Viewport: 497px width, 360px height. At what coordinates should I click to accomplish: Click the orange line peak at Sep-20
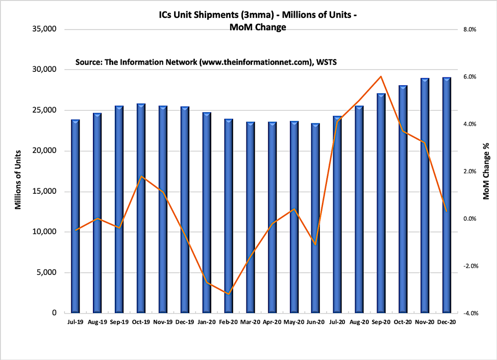point(381,76)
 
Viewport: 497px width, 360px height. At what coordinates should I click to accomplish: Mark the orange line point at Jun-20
point(316,245)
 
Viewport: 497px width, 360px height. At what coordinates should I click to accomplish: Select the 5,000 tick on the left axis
point(46,273)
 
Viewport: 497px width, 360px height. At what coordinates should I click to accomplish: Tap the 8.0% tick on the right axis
point(469,30)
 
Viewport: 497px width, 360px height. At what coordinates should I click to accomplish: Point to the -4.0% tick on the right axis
point(469,313)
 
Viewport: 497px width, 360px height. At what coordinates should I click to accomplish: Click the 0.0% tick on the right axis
point(469,219)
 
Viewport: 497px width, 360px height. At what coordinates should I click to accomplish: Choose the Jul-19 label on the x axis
point(75,322)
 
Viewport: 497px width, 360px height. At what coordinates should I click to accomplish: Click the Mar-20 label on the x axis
point(250,322)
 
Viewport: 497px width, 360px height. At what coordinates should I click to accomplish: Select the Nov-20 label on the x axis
point(425,322)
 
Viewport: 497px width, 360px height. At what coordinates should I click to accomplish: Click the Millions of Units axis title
point(18,180)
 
